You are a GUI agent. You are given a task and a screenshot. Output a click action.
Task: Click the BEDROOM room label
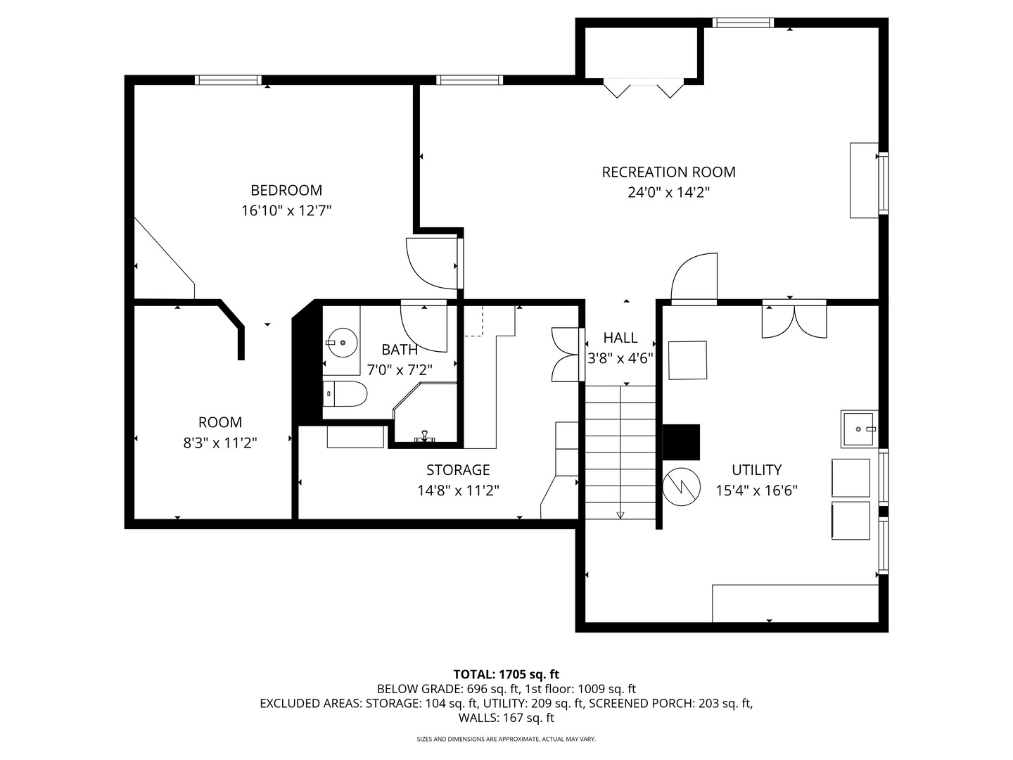point(286,190)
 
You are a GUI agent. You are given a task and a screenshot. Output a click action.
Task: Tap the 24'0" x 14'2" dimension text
point(668,192)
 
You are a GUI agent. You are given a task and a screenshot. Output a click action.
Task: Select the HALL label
point(620,338)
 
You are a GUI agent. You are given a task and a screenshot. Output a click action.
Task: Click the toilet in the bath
point(345,395)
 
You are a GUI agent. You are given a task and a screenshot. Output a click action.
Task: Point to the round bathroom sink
point(342,343)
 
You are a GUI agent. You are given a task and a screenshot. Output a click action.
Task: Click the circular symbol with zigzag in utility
point(682,486)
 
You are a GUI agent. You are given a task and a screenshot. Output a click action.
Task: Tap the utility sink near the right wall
point(859,429)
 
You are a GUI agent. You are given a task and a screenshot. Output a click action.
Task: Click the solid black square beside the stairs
point(681,442)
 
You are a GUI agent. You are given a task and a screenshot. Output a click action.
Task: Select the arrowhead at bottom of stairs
point(620,515)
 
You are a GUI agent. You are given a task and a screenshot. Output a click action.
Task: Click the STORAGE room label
point(458,469)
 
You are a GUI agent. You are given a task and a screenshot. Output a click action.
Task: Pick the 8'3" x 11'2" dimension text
point(220,443)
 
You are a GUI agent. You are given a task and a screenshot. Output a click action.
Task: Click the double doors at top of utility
point(795,321)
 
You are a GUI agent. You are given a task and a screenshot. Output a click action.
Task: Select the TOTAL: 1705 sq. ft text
point(506,674)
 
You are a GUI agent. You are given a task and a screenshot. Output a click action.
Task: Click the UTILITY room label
point(756,469)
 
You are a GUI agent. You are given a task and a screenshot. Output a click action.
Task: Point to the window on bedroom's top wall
point(228,80)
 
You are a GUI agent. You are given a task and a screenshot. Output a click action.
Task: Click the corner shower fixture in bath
point(423,415)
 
